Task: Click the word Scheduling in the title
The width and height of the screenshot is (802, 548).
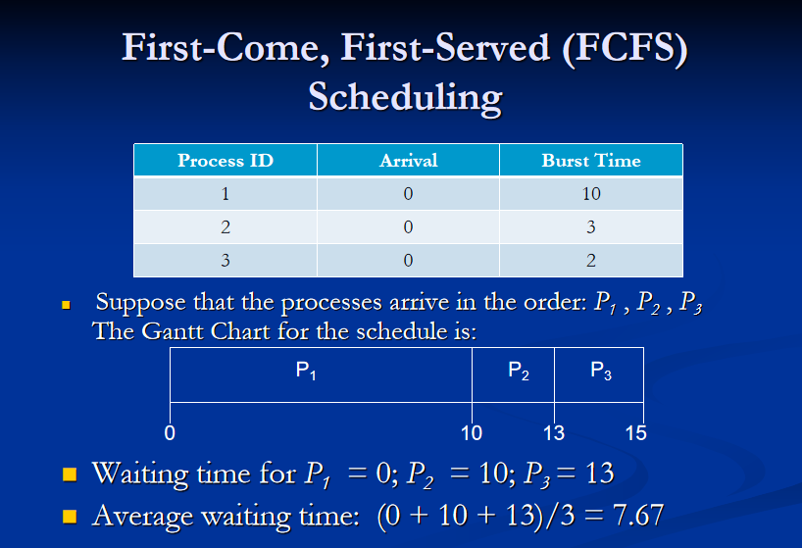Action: pyautogui.click(x=405, y=98)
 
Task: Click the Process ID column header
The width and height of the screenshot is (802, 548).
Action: pyautogui.click(x=226, y=161)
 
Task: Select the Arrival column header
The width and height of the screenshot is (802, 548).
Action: pyautogui.click(x=408, y=161)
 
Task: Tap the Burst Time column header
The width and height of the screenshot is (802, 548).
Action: pyautogui.click(x=590, y=161)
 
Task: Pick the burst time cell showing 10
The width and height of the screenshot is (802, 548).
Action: pyautogui.click(x=590, y=194)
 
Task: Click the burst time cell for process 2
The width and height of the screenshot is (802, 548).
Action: pyautogui.click(x=590, y=227)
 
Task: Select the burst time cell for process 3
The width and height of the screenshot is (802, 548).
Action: pyautogui.click(x=590, y=261)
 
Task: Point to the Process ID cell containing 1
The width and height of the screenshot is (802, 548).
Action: pyautogui.click(x=226, y=194)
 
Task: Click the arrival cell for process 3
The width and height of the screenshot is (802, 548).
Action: pyautogui.click(x=408, y=261)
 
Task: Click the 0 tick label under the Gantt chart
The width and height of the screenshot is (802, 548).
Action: pyautogui.click(x=170, y=431)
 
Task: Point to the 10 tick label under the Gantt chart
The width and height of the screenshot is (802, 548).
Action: pyautogui.click(x=472, y=432)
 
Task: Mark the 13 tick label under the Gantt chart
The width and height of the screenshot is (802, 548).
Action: pyautogui.click(x=554, y=432)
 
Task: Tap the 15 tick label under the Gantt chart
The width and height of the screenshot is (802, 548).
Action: pyautogui.click(x=635, y=432)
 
